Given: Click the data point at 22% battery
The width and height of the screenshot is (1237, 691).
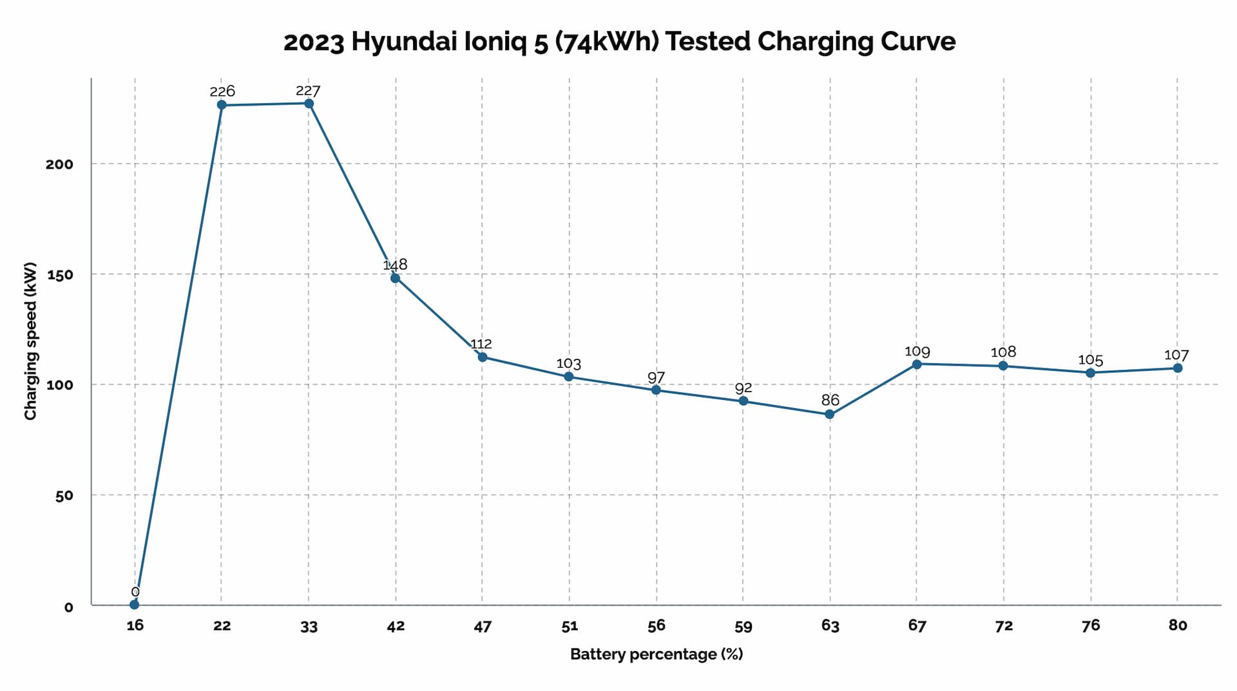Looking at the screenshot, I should (222, 105).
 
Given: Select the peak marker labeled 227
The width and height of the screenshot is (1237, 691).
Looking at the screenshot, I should (309, 104).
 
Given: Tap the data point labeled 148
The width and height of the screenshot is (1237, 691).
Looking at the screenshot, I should (395, 278).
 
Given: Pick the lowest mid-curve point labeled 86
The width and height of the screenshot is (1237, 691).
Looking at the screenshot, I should (830, 414).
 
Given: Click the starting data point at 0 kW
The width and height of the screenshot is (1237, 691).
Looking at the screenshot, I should (134, 605).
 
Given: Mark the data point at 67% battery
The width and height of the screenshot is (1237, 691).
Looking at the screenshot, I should (917, 364).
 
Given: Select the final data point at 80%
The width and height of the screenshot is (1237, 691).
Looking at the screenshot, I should (1178, 368).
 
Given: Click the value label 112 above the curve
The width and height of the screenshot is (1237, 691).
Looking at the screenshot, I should (481, 344).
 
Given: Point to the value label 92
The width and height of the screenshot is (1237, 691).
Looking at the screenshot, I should (743, 388).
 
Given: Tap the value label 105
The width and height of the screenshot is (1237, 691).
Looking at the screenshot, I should (1091, 360).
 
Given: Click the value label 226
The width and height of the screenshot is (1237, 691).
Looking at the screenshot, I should (222, 91).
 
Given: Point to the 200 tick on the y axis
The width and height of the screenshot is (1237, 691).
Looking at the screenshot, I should (59, 164).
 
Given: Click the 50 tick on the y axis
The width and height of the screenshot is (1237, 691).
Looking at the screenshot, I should (64, 496).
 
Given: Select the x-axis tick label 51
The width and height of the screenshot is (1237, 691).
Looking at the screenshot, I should (570, 626).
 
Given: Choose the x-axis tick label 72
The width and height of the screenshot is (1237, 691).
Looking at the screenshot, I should (1004, 626).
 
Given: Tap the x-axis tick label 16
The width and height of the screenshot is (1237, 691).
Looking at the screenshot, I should (135, 625).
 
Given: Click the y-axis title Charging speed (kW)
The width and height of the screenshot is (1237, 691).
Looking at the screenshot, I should (30, 341).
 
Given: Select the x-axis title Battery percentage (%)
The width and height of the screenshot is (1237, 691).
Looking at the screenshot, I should (657, 654).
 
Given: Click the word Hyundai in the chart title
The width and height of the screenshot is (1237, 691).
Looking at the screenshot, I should (405, 42).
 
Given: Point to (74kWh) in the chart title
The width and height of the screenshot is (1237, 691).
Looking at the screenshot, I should (606, 42).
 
